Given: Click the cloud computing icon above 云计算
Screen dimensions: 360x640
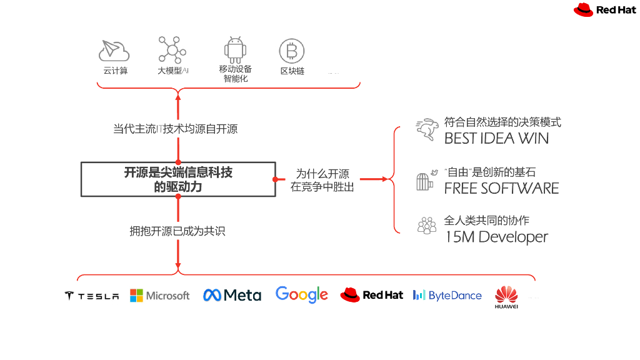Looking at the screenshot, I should coord(114,49).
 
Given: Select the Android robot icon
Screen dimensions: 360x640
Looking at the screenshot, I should coord(235,49).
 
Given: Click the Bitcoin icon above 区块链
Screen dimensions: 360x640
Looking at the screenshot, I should coord(291,51).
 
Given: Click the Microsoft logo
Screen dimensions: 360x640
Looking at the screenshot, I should coord(159,296).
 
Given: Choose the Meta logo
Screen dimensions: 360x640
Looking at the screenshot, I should coord(232,295).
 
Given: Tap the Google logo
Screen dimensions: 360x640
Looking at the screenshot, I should coord(302,294).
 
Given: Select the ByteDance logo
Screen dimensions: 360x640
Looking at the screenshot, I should coord(447,296).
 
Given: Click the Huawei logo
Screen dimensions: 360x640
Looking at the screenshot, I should coord(506,297).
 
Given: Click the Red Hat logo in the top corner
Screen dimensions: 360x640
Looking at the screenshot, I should coord(605,9).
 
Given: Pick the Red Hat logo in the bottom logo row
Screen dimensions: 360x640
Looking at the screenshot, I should coord(372,295).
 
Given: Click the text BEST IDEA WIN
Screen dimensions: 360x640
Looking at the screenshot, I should coord(496,138).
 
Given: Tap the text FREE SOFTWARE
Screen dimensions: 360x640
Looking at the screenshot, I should coord(501,188).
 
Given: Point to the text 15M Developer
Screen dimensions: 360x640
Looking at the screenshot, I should coord(496,237).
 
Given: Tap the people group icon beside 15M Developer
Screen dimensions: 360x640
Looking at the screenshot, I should coord(427,226).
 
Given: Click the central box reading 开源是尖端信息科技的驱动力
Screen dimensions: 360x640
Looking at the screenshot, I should coord(178,179).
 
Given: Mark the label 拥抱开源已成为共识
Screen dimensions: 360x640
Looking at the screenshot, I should coord(177,231).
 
